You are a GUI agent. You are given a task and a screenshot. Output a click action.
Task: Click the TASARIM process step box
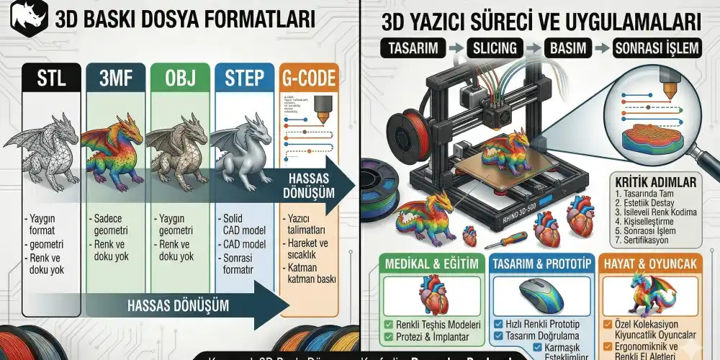click(411, 48)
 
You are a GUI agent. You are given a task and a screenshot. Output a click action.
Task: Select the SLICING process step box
click(495, 48)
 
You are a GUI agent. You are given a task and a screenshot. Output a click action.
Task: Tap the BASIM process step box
click(567, 48)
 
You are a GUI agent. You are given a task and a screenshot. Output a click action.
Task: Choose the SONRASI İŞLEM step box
click(655, 48)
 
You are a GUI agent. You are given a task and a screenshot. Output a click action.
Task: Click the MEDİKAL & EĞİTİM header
click(432, 264)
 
